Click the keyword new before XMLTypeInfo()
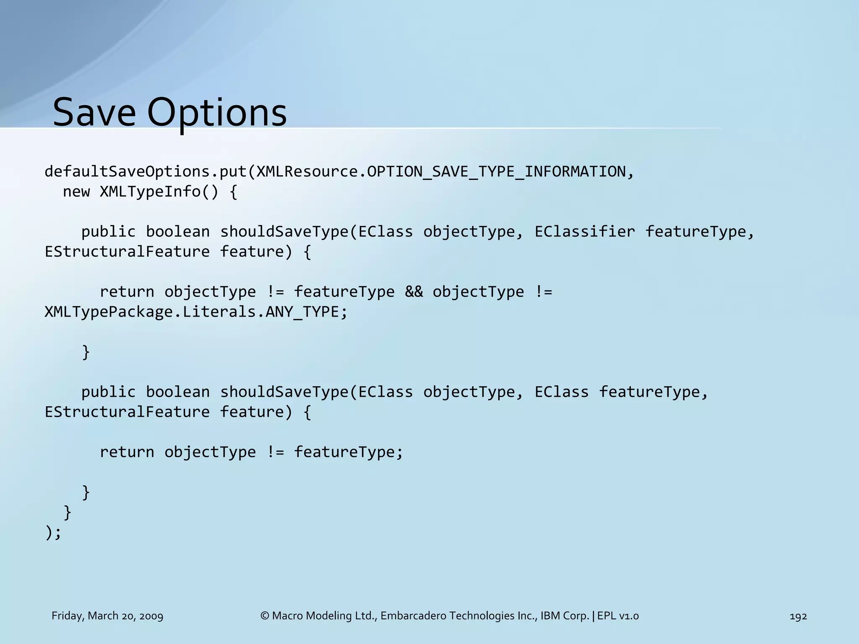pyautogui.click(x=76, y=192)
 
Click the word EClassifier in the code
pyautogui.click(x=585, y=231)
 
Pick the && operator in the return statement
pyautogui.click(x=414, y=292)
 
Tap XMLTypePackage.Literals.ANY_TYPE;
pyautogui.click(x=196, y=312)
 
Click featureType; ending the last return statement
pyautogui.click(x=348, y=452)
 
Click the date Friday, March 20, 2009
pyautogui.click(x=107, y=616)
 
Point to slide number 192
pyautogui.click(x=798, y=616)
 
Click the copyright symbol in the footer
pyautogui.click(x=265, y=616)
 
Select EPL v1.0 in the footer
pyautogui.click(x=618, y=616)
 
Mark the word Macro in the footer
pyautogui.click(x=285, y=616)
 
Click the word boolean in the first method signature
pyautogui.click(x=178, y=231)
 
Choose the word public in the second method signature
pyautogui.click(x=109, y=392)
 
